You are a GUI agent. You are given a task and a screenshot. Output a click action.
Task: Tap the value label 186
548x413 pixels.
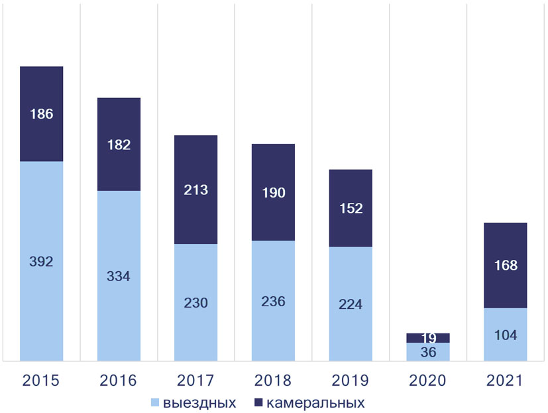(41, 113)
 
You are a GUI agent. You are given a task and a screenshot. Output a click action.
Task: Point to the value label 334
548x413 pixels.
(119, 276)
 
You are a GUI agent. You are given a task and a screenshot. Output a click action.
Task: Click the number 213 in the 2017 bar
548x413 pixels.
(195, 190)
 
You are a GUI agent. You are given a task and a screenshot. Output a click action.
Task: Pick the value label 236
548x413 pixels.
(273, 301)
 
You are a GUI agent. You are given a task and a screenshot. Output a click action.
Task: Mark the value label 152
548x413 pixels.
(351, 208)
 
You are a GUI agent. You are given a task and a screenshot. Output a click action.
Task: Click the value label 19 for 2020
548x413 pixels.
(428, 338)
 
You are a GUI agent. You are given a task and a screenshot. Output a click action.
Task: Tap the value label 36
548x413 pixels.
(428, 352)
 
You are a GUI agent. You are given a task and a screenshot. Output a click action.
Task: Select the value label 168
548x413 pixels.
(505, 266)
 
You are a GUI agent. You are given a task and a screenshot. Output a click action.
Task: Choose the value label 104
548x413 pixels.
(505, 335)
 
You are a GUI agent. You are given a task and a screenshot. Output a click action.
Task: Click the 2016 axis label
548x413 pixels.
(119, 381)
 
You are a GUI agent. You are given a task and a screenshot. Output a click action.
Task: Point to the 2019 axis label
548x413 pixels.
(351, 381)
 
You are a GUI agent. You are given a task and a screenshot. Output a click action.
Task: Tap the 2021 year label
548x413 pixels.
(505, 381)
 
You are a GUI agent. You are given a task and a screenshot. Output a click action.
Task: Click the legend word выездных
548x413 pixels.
(199, 402)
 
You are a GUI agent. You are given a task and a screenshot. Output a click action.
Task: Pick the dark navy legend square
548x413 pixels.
(260, 402)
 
